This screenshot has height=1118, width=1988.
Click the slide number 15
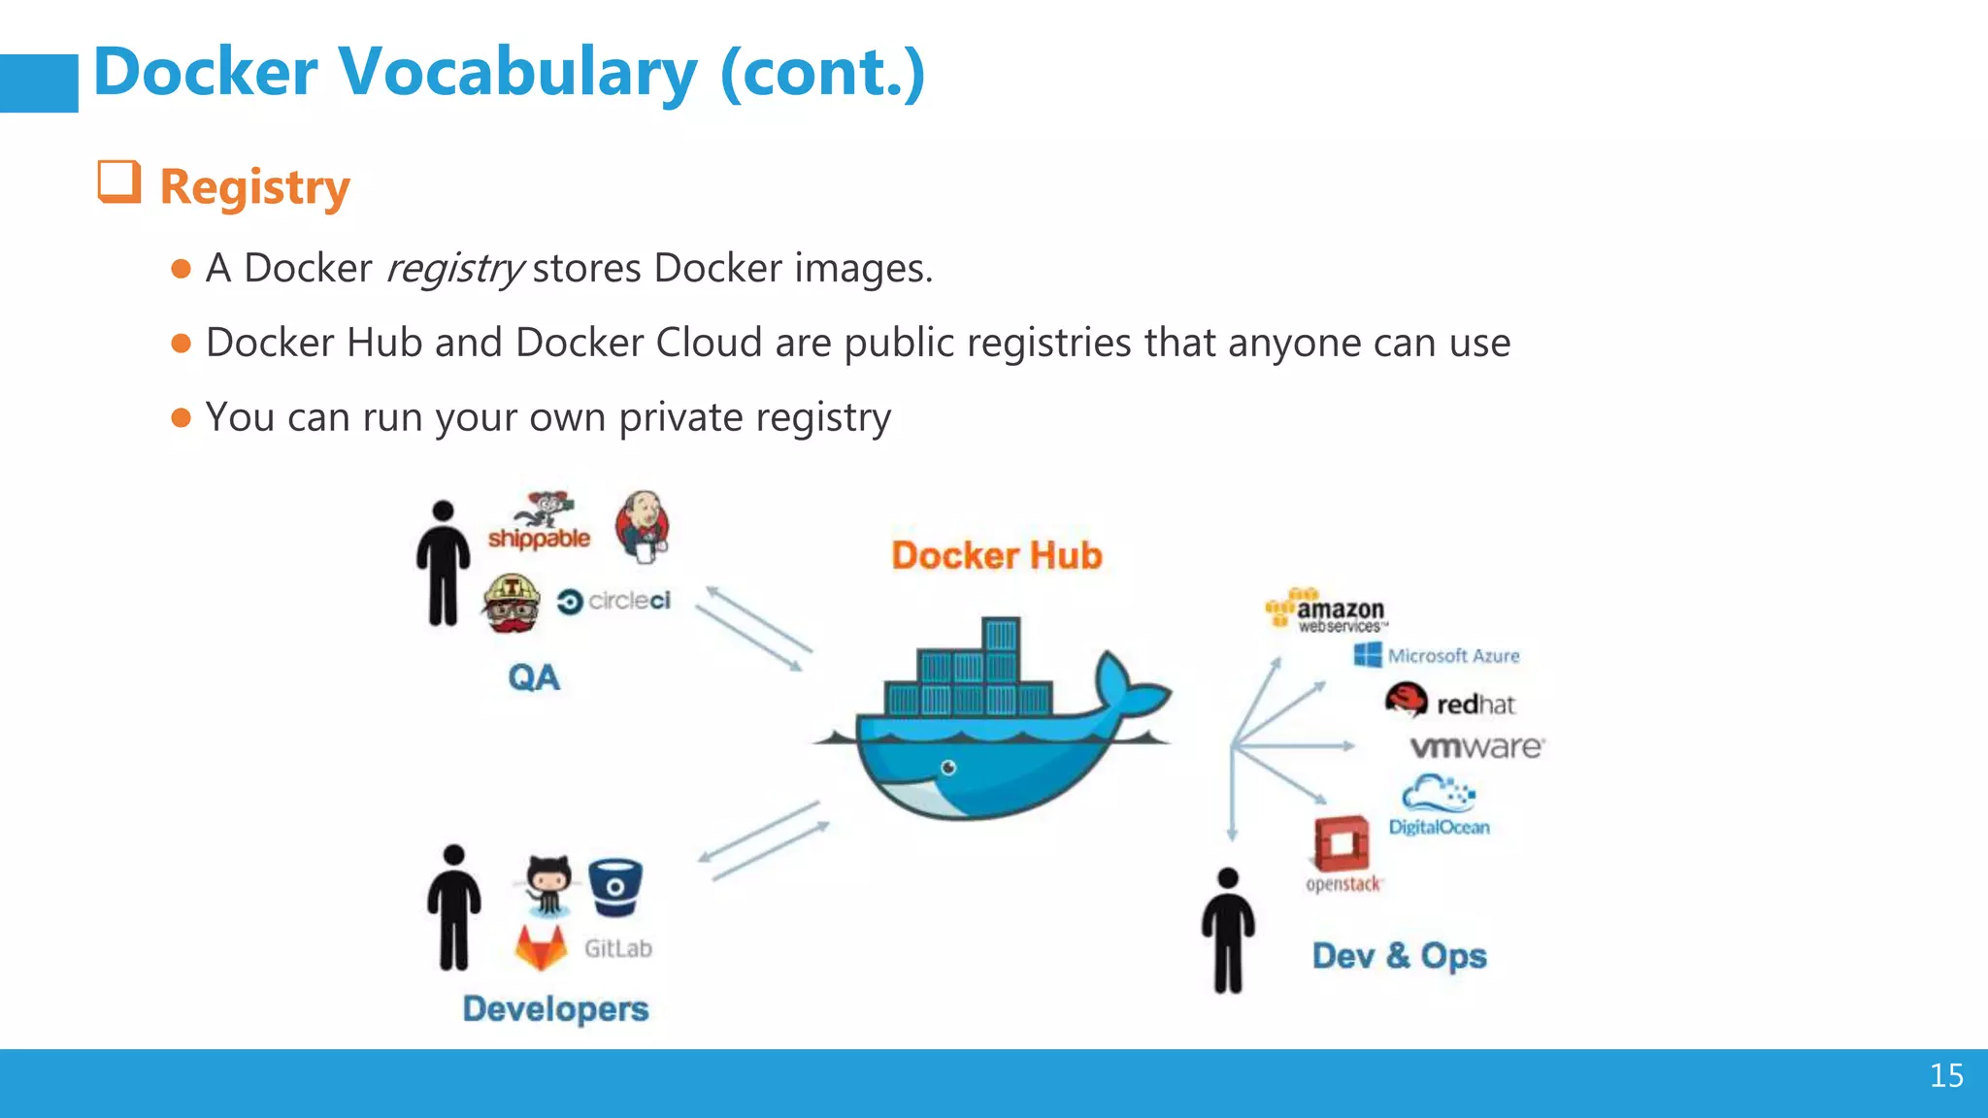point(1946,1075)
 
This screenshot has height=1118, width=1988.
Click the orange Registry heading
point(254,186)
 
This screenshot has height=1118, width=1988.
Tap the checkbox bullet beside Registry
point(119,181)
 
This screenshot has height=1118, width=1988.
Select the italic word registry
point(454,269)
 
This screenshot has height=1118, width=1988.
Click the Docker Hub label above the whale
point(997,555)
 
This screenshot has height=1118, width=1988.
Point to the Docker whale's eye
point(948,768)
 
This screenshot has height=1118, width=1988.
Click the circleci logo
point(614,602)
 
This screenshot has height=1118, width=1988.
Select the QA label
point(534,677)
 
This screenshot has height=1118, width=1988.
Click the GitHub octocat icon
point(548,884)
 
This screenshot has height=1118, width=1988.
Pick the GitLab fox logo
point(541,948)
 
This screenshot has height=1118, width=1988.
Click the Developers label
point(555,1008)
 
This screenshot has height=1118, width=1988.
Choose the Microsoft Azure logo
point(1437,656)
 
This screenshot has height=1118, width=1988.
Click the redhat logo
point(1450,702)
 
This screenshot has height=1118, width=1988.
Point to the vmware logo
point(1476,747)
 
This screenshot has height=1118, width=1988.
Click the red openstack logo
point(1342,844)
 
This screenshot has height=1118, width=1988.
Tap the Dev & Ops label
point(1399,956)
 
